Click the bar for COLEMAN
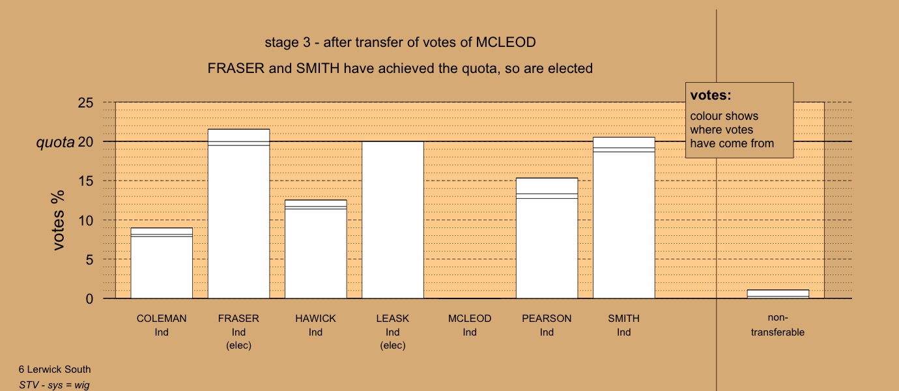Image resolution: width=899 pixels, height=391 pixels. pyautogui.click(x=162, y=263)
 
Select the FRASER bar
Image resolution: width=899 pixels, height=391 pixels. pyautogui.click(x=239, y=214)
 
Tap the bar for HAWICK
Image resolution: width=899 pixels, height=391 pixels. pyautogui.click(x=316, y=249)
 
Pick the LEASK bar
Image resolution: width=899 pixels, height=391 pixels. pyautogui.click(x=393, y=220)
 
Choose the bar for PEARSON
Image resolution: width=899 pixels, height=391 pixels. pyautogui.click(x=547, y=238)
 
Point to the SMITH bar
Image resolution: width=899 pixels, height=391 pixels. pyautogui.click(x=624, y=218)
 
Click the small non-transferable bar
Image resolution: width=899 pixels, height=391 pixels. pyautogui.click(x=778, y=294)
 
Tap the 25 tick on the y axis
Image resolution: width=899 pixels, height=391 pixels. pyautogui.click(x=85, y=103)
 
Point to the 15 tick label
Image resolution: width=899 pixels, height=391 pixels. pyautogui.click(x=85, y=181)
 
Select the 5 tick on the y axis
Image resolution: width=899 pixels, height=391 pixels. pyautogui.click(x=89, y=260)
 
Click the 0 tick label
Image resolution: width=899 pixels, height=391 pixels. pyautogui.click(x=89, y=298)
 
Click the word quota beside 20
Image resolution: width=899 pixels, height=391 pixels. pyautogui.click(x=55, y=143)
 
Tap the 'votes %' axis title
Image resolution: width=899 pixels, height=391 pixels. pyautogui.click(x=58, y=220)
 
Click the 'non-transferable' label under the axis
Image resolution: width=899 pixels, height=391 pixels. pyautogui.click(x=778, y=325)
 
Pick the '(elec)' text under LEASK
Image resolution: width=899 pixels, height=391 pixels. pyautogui.click(x=393, y=345)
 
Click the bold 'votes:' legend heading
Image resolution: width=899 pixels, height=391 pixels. pyautogui.click(x=711, y=95)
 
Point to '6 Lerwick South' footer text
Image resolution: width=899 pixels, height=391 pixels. pyautogui.click(x=55, y=369)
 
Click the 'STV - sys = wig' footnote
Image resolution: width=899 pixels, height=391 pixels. pyautogui.click(x=54, y=385)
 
